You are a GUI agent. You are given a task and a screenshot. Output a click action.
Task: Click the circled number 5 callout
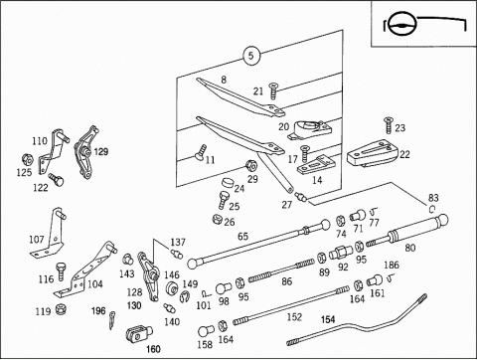pyautogui.click(x=251, y=56)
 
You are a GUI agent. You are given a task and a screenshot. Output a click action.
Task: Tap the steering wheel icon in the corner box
pyautogui.click(x=402, y=25)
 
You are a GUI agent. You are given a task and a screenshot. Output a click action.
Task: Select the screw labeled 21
pyautogui.click(x=273, y=90)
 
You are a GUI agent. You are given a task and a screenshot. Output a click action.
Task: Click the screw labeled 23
pyautogui.click(x=388, y=125)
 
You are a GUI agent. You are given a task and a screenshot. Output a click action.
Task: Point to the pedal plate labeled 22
pyautogui.click(x=373, y=153)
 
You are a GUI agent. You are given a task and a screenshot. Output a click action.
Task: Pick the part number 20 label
pyautogui.click(x=284, y=126)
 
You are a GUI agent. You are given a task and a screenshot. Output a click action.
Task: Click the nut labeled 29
pyautogui.click(x=250, y=165)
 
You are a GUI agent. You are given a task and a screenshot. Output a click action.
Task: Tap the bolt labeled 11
pyautogui.click(x=200, y=152)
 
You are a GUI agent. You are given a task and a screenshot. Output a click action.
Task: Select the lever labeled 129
pyautogui.click(x=85, y=152)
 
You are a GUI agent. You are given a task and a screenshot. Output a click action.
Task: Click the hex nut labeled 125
pyautogui.click(x=28, y=160)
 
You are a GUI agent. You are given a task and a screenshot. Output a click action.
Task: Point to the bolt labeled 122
pyautogui.click(x=56, y=179)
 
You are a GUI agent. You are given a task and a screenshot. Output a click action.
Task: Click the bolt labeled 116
pyautogui.click(x=61, y=271)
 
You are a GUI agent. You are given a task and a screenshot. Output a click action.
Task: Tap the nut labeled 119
pyautogui.click(x=61, y=309)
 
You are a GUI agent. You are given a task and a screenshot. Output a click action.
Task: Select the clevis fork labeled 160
pyautogui.click(x=139, y=334)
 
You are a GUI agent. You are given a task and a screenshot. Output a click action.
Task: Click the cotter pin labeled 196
pyautogui.click(x=112, y=320)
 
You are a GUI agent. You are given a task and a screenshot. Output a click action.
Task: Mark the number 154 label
pyautogui.click(x=328, y=319)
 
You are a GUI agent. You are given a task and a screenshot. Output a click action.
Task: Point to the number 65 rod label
pyautogui.click(x=242, y=237)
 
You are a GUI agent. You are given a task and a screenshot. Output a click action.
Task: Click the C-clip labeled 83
pyautogui.click(x=432, y=209)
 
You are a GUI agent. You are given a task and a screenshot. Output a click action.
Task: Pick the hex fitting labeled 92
pyautogui.click(x=342, y=253)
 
